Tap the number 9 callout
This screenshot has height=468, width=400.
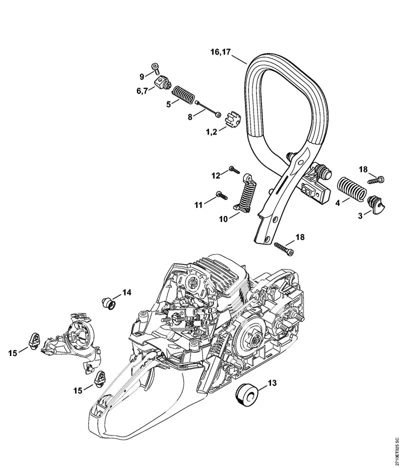tap(142, 76)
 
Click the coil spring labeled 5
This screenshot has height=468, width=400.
tap(182, 94)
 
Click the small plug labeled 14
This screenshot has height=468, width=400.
tap(108, 302)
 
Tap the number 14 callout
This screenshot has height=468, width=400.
tap(127, 292)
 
